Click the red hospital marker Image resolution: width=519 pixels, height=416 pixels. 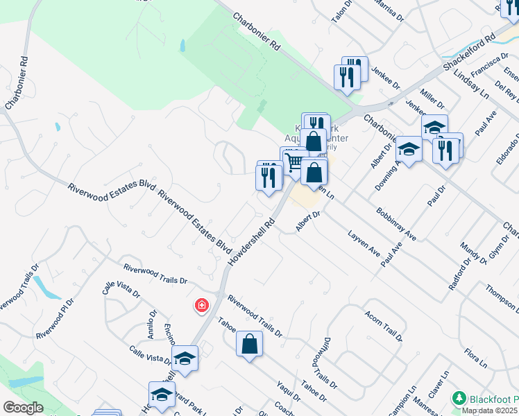(202, 306)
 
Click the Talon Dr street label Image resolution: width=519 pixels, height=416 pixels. (343, 12)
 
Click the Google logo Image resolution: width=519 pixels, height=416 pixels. (24, 408)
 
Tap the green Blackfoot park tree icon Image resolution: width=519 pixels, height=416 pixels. (458, 398)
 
